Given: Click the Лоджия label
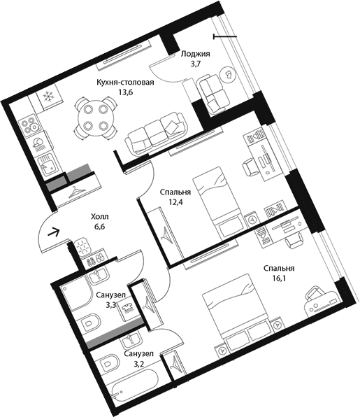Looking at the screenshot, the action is click(195, 54).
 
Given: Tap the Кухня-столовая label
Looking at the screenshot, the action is click(125, 82).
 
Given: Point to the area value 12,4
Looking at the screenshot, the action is click(175, 202).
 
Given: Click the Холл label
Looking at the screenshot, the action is click(100, 217).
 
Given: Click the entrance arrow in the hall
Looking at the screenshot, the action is click(53, 232).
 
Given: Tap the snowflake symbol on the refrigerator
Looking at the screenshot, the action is click(48, 96).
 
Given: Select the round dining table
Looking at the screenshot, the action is click(95, 117).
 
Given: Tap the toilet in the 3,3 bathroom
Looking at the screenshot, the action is click(89, 323).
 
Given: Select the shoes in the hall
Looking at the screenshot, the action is click(95, 259).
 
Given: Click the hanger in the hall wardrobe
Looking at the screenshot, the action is click(76, 192).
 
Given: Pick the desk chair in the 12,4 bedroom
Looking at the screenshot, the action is click(250, 167).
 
